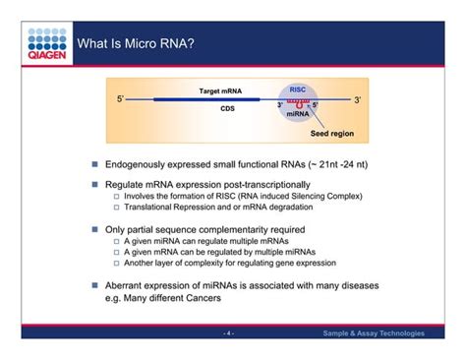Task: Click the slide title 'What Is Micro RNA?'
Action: coord(135,44)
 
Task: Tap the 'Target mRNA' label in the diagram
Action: coord(222,90)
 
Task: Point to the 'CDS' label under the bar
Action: coord(227,110)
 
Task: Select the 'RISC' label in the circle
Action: coord(297,89)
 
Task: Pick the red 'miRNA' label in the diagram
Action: coord(297,114)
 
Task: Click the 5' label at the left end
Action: coord(121,100)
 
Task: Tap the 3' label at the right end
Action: coord(358,100)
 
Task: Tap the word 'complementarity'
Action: coord(236,228)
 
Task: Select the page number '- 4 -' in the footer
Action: coord(228,333)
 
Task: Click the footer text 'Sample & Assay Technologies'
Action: coord(374,333)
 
